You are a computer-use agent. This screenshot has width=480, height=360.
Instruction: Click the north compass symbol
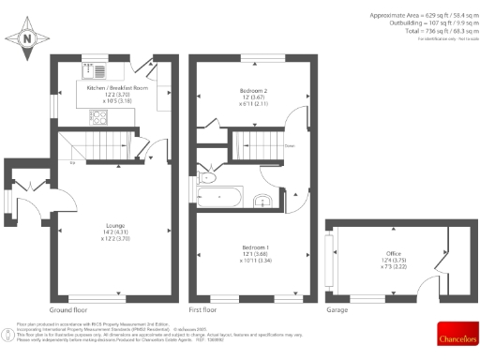pyautogui.click(x=27, y=38)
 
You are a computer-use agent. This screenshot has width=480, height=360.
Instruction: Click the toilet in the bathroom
pyautogui.click(x=208, y=177)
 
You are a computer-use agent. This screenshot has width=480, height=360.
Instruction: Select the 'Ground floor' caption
pyautogui.click(x=68, y=308)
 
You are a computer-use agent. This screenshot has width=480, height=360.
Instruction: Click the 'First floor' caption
pyautogui.click(x=203, y=308)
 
